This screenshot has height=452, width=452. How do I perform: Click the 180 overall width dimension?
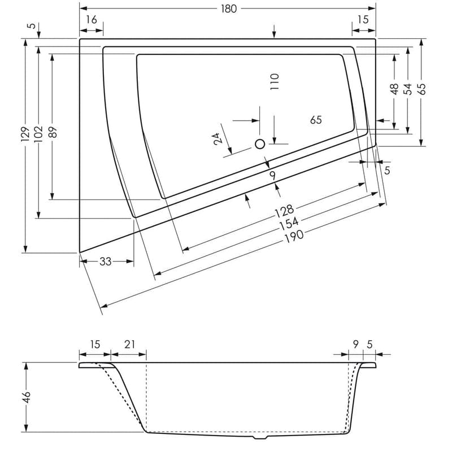tap(229, 9)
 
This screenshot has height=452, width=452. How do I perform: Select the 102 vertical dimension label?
tap(38, 132)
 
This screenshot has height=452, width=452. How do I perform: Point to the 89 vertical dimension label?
tap(52, 132)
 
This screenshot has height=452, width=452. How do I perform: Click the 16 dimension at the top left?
tap(91, 20)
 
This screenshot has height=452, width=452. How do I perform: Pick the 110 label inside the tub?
tap(275, 84)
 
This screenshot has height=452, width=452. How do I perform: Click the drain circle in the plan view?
tap(260, 144)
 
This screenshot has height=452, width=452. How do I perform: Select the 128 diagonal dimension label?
tap(284, 212)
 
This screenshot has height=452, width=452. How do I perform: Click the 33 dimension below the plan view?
tap(106, 261)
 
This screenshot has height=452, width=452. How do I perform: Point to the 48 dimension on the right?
tap(394, 89)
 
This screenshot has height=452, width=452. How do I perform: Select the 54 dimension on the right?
tap(408, 89)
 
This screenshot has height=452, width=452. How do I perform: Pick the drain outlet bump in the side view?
tap(260, 437)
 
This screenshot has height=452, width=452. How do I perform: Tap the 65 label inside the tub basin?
tap(316, 120)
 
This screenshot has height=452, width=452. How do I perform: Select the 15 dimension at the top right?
tap(363, 20)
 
